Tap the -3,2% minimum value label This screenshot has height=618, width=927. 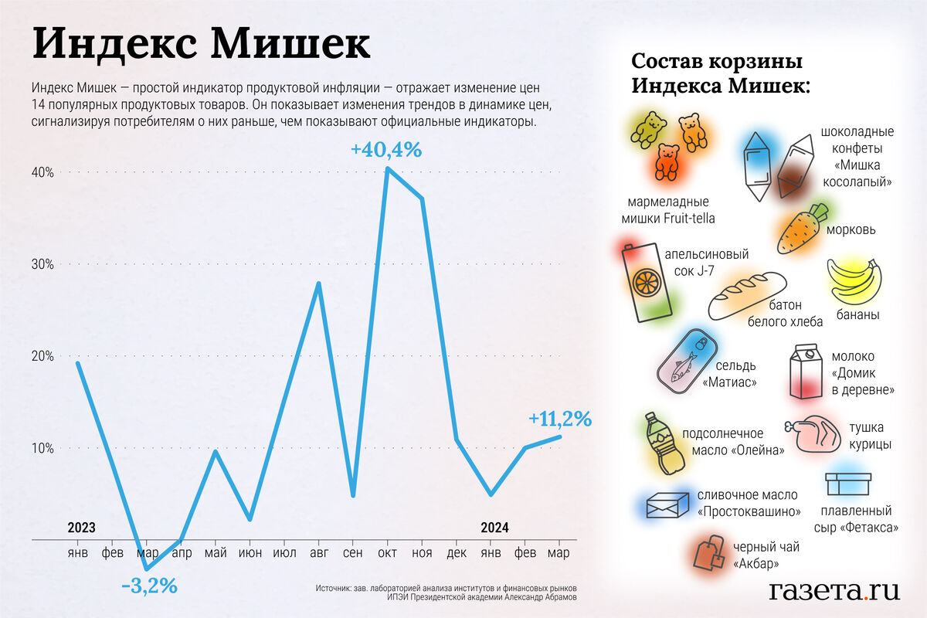click(x=149, y=586)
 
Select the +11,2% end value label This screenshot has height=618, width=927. click(x=560, y=419)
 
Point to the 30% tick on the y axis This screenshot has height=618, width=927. click(x=42, y=264)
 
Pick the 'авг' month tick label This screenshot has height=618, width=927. click(x=318, y=554)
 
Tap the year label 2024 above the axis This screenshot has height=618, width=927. click(x=494, y=528)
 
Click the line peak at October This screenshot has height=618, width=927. click(x=387, y=168)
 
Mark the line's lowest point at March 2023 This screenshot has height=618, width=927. click(x=146, y=569)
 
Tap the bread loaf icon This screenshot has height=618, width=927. click(x=746, y=295)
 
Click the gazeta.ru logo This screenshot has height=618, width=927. click(x=834, y=591)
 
